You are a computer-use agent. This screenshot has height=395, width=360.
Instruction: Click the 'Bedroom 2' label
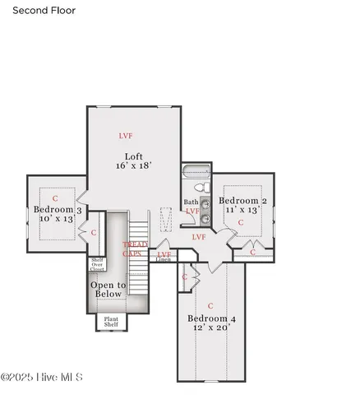(x=242, y=201)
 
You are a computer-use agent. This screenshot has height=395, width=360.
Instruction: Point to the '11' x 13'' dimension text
(x=242, y=211)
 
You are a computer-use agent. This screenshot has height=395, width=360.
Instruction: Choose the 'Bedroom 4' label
(x=211, y=318)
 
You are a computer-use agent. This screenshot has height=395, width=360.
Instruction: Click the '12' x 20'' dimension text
(x=211, y=328)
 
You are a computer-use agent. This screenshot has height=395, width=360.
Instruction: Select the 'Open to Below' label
(x=108, y=289)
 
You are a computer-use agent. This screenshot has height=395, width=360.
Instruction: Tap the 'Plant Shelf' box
(x=110, y=322)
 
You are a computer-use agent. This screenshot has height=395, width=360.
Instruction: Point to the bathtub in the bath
(x=196, y=173)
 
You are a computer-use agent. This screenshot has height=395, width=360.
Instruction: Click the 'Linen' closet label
(x=164, y=259)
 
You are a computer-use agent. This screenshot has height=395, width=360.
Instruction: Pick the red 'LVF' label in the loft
(x=126, y=136)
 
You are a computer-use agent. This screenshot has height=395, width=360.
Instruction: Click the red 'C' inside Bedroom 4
(x=210, y=305)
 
